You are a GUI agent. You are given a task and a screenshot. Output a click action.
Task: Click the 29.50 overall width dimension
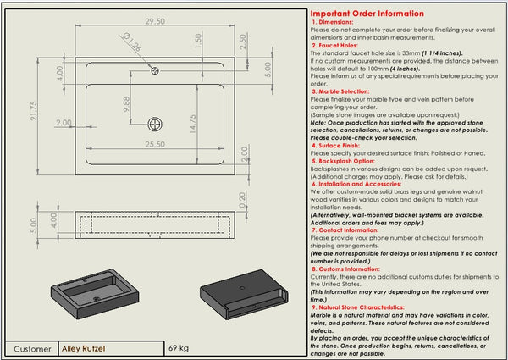[x=154, y=20]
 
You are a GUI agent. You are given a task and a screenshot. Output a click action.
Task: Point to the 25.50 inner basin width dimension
[x=154, y=146]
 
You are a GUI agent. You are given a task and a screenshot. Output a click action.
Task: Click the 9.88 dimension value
[x=127, y=104]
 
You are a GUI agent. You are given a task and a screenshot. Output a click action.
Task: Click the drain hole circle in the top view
[x=154, y=124]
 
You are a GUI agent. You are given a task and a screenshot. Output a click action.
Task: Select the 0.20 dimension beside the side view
[x=243, y=200]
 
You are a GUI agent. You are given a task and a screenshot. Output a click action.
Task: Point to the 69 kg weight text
[x=178, y=348]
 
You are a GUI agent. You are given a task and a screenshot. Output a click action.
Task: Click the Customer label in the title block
[x=32, y=348]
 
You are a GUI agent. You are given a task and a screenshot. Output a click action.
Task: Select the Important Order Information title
[x=367, y=14]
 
